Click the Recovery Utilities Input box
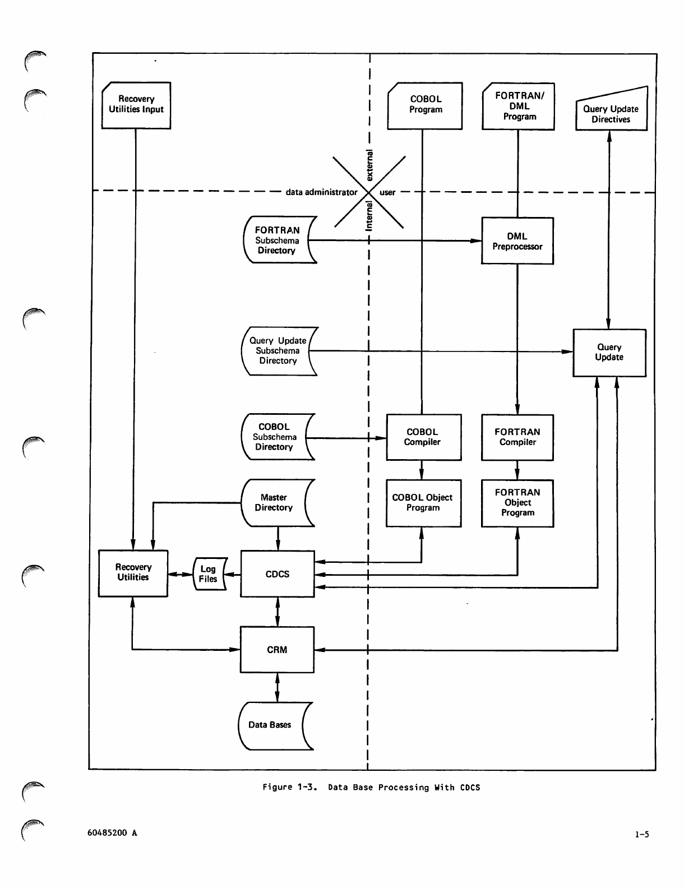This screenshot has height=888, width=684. coord(136,105)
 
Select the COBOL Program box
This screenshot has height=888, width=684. coord(425,106)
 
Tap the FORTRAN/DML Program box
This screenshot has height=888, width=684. coord(518,107)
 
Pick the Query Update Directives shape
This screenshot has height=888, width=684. coord(612,108)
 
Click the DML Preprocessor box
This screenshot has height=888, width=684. coord(517,240)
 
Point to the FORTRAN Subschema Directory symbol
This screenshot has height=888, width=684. coord(280,239)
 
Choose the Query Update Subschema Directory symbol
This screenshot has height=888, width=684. coord(280,351)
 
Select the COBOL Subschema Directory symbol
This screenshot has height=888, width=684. coord(278,437)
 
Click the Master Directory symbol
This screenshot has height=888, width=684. coord(278,503)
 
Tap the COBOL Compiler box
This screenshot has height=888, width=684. coord(424,437)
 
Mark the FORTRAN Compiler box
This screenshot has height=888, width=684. coord(517,438)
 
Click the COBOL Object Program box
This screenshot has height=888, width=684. coord(424,503)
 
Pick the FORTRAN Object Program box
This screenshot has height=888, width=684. coord(517,503)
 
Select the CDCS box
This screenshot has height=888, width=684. coord(278,573)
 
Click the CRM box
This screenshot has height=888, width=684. coord(277,649)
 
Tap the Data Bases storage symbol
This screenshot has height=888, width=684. coord(276,726)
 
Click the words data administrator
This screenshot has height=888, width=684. coord(321,192)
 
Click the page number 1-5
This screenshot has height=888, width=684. coord(642,835)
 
